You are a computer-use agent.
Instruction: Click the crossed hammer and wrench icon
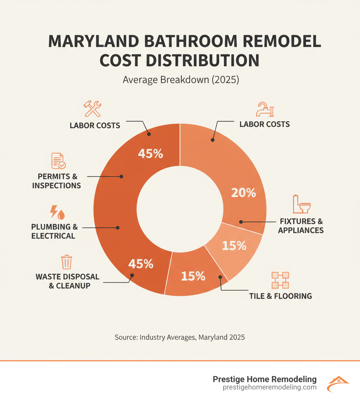click(92, 109)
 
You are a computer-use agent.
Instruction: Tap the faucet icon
click(264, 109)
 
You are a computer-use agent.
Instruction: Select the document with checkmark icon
click(58, 161)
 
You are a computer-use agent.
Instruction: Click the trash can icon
click(66, 262)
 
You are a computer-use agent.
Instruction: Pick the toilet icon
click(302, 204)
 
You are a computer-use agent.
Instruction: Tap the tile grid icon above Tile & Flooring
click(280, 280)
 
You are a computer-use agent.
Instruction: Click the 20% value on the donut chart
click(243, 192)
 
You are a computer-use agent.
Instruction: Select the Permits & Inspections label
click(56, 181)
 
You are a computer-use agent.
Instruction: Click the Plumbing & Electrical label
click(54, 231)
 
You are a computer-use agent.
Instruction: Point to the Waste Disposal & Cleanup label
click(67, 281)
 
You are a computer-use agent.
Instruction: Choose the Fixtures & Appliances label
click(301, 226)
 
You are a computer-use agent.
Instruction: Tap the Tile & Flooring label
click(281, 296)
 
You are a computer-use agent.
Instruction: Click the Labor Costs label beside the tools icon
click(95, 125)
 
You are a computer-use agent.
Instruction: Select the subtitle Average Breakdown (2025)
click(181, 80)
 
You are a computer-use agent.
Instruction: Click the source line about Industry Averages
click(180, 337)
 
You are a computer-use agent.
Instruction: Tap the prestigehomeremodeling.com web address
click(270, 387)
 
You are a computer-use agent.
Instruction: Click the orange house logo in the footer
click(337, 383)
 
